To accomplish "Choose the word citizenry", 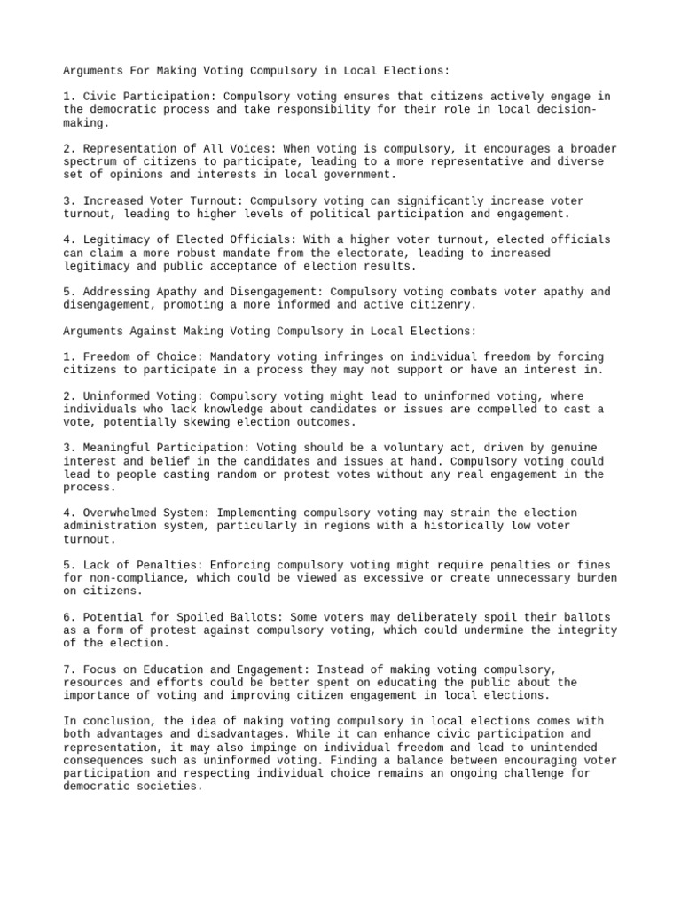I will pyautogui.click(x=443, y=304).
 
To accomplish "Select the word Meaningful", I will pyautogui.click(x=115, y=448).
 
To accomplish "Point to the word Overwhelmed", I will pyautogui.click(x=118, y=513).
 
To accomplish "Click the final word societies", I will pyautogui.click(x=172, y=787).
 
